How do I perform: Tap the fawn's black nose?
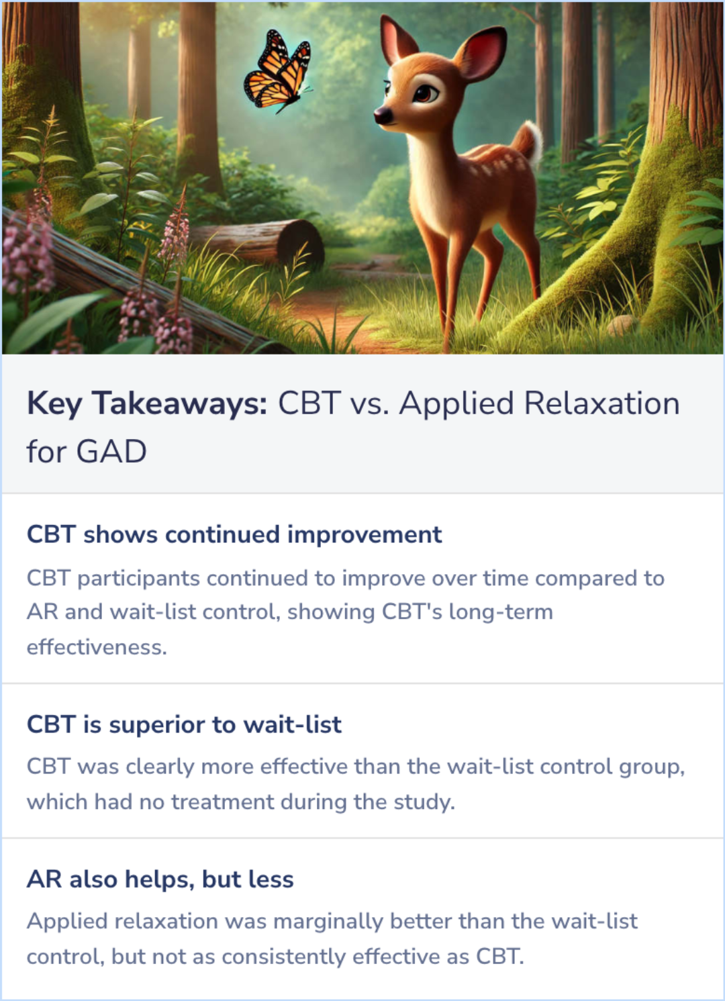tap(383, 116)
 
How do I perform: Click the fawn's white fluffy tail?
tap(530, 142)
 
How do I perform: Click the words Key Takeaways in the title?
tap(147, 403)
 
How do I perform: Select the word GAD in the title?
tap(111, 451)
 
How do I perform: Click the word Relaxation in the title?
tap(601, 403)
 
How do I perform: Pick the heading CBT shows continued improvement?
tap(234, 534)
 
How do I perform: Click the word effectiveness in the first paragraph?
tap(97, 647)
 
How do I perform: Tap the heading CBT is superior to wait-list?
tap(184, 724)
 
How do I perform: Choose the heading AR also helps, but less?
tap(160, 879)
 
